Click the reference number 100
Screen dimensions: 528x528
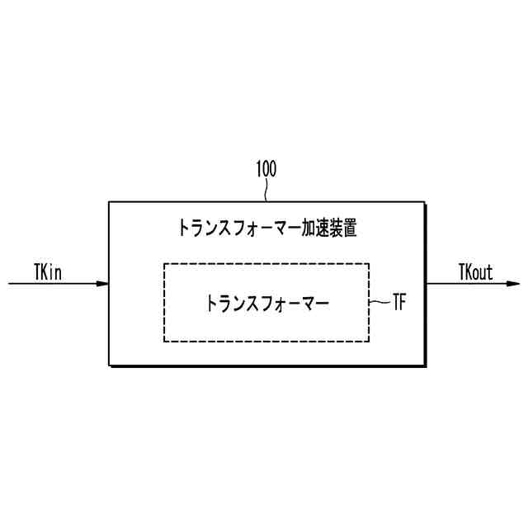(266, 170)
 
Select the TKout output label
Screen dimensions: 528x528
(475, 271)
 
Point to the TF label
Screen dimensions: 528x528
(398, 303)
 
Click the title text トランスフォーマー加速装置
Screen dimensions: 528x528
(268, 228)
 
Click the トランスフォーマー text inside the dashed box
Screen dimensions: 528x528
(267, 303)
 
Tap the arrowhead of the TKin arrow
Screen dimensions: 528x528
(103, 284)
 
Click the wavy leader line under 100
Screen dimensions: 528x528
(266, 191)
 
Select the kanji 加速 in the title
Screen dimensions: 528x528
(313, 228)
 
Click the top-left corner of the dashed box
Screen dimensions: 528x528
(164, 264)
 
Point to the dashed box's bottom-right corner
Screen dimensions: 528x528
(369, 341)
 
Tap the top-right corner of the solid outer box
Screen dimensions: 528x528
(427, 201)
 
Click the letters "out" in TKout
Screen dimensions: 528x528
(483, 271)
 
